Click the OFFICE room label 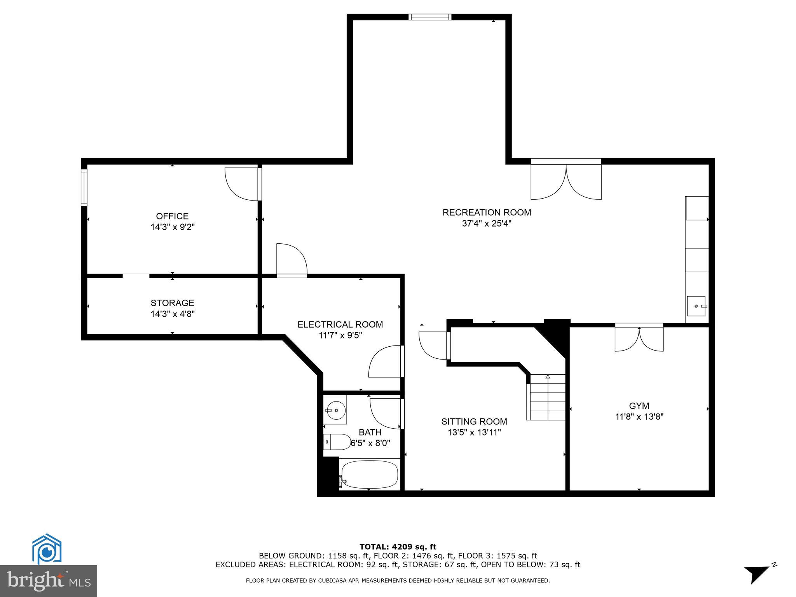coord(172,216)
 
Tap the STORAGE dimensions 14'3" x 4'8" coord(173,314)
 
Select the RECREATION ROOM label coord(487,213)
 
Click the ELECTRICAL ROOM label coord(340,324)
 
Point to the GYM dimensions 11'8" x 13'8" coord(639,417)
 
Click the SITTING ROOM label coord(474,421)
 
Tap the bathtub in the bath coord(370,475)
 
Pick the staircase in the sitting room coord(547,397)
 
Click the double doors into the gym coord(639,339)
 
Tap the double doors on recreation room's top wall coord(566,181)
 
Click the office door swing coord(242,184)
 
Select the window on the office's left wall coord(84,187)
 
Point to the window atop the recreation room coord(430,17)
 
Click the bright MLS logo coord(49,580)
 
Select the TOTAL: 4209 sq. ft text coord(398,547)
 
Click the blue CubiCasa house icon coord(47,548)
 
